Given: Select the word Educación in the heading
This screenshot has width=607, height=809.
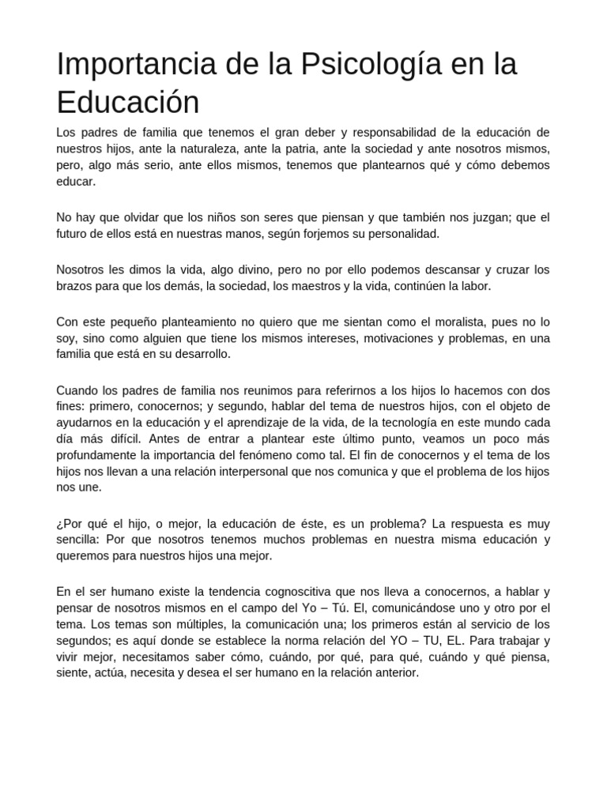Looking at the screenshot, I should tap(128, 102).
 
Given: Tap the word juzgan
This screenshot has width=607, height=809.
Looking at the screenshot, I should tap(480, 217).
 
